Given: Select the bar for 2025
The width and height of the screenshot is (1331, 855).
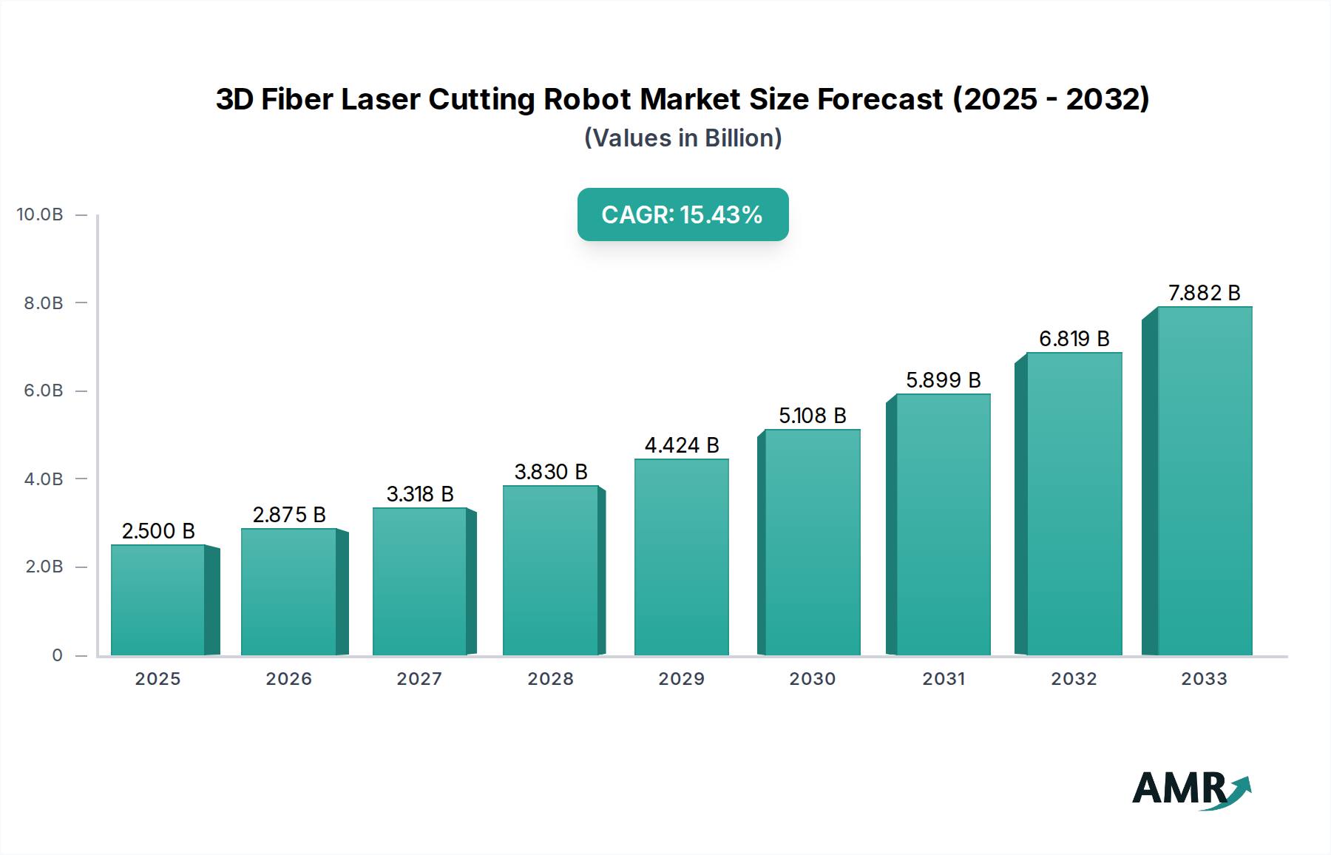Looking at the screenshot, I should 158,600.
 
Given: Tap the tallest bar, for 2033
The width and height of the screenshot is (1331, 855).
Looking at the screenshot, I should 1205,481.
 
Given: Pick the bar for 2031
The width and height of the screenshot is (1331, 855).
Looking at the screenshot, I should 943,524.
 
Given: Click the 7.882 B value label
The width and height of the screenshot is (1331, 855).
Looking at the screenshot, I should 1204,293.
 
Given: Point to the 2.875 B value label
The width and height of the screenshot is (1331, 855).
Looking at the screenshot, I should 289,515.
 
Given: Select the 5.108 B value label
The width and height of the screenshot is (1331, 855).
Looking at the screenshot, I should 812,416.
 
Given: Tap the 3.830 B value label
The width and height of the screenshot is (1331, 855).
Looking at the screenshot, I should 551,472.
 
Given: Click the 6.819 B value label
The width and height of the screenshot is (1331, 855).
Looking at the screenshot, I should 1074,339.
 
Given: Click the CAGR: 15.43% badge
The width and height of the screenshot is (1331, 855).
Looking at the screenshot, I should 683,214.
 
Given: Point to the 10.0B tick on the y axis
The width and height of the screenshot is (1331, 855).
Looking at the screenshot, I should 40,214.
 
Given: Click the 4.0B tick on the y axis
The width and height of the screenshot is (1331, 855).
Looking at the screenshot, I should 44,479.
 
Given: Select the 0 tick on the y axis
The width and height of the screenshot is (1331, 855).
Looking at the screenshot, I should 57,655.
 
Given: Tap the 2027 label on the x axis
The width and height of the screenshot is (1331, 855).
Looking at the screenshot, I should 419,679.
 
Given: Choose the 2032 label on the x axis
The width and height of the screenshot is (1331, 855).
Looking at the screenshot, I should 1074,679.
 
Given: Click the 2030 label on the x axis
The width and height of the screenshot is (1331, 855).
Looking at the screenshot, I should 812,679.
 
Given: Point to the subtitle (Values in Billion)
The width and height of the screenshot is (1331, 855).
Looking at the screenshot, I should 683,138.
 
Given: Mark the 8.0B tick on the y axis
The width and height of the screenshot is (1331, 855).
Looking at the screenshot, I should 44,303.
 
